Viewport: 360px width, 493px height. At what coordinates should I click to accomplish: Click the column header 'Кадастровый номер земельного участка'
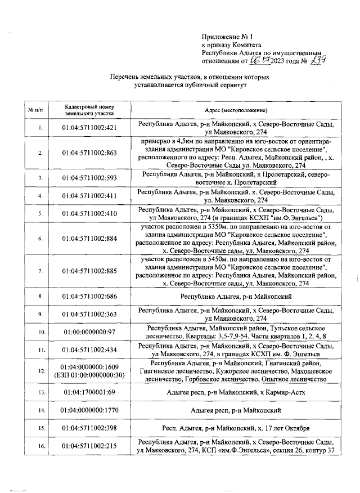pos(90,109)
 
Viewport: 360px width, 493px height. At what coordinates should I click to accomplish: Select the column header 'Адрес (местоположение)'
pos(236,110)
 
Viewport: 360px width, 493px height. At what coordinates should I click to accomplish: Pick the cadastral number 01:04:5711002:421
pos(90,128)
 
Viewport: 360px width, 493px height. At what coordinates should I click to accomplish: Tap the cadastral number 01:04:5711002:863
pos(90,153)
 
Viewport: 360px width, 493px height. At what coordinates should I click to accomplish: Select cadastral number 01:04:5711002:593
pos(90,178)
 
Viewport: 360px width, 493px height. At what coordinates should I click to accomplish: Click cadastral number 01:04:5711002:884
pos(90,238)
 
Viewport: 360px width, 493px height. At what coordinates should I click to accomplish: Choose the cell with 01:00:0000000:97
pos(90,332)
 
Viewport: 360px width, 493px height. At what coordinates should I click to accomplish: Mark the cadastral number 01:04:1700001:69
pos(90,391)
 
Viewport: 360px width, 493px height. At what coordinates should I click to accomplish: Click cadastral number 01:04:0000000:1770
pos(90,410)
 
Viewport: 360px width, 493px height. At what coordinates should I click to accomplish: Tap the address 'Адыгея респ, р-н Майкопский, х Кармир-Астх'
pos(236,391)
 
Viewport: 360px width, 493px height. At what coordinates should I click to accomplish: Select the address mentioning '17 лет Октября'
pos(236,428)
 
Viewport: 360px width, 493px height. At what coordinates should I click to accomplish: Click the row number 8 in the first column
pos(40,295)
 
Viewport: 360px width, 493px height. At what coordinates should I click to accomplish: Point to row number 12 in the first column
pos(40,371)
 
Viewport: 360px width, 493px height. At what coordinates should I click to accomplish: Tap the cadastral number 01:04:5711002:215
pos(90,446)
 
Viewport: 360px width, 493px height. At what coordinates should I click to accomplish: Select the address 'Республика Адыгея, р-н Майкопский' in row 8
pos(236,295)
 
